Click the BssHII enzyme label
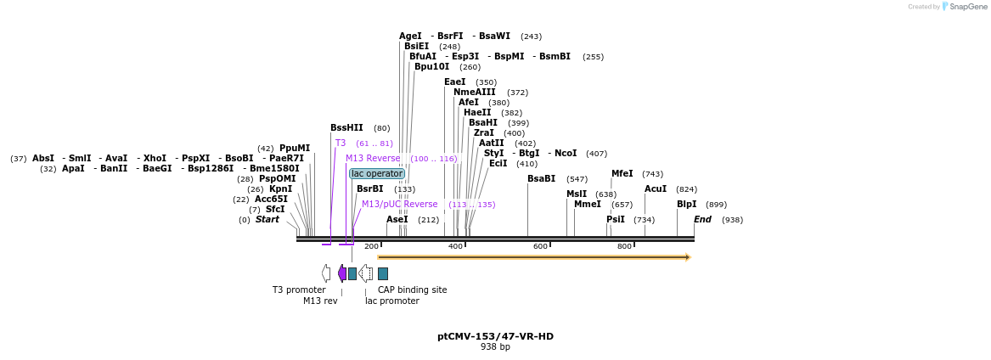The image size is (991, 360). pos(346,128)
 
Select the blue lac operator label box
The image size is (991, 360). pos(377,173)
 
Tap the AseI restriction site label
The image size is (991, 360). pos(397,220)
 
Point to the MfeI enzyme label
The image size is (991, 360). pos(622,174)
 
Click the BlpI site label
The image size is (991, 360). pos(686,205)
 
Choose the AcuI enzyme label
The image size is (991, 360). pos(656,189)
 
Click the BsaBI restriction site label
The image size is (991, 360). pos(541,179)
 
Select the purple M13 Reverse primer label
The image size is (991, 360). pos(373,159)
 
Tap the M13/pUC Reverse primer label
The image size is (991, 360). pos(400,205)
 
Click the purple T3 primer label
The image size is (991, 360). pos(341,143)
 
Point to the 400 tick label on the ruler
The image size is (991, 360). pos(456,246)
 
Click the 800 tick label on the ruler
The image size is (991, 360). pos(624,246)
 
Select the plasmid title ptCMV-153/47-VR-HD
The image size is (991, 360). pos(495,336)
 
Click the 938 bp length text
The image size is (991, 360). pos(495,347)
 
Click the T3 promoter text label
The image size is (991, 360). pos(299,290)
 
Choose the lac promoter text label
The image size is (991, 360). pos(391,301)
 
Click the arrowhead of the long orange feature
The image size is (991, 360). pos(688,256)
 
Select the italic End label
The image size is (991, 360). pos(702,220)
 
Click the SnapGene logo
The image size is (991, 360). pos(964,7)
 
